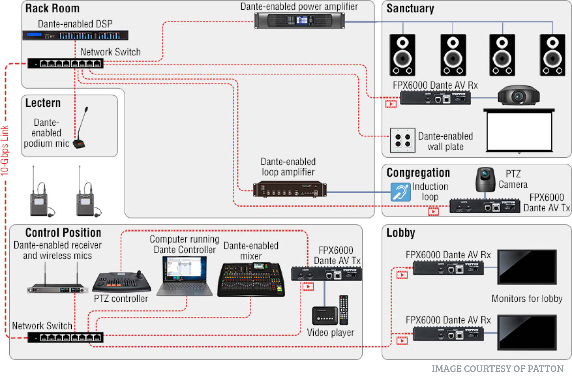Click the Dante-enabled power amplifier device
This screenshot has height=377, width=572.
pos(299,20)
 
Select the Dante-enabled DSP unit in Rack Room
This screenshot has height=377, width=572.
pos(75,35)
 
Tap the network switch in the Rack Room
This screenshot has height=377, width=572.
pos(65,63)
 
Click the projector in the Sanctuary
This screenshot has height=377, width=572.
pos(518,95)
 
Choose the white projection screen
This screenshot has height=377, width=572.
pos(519,131)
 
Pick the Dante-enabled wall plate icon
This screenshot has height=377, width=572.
pos(403,140)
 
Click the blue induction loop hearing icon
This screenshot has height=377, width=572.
pos(401,192)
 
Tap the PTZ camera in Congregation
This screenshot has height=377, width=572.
pos(485,179)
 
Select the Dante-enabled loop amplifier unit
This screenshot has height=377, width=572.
pos(290,189)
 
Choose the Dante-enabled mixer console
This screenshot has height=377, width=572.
pos(251,280)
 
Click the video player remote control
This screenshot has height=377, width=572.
pos(344,310)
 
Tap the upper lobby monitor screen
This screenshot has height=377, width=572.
pos(527,267)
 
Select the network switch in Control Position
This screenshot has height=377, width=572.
pos(65,337)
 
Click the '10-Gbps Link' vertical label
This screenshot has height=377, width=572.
pos(4,150)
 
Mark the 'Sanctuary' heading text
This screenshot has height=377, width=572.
pos(410,9)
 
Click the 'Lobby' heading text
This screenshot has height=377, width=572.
pos(401,233)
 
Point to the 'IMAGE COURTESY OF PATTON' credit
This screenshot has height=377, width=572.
pos(498,368)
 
